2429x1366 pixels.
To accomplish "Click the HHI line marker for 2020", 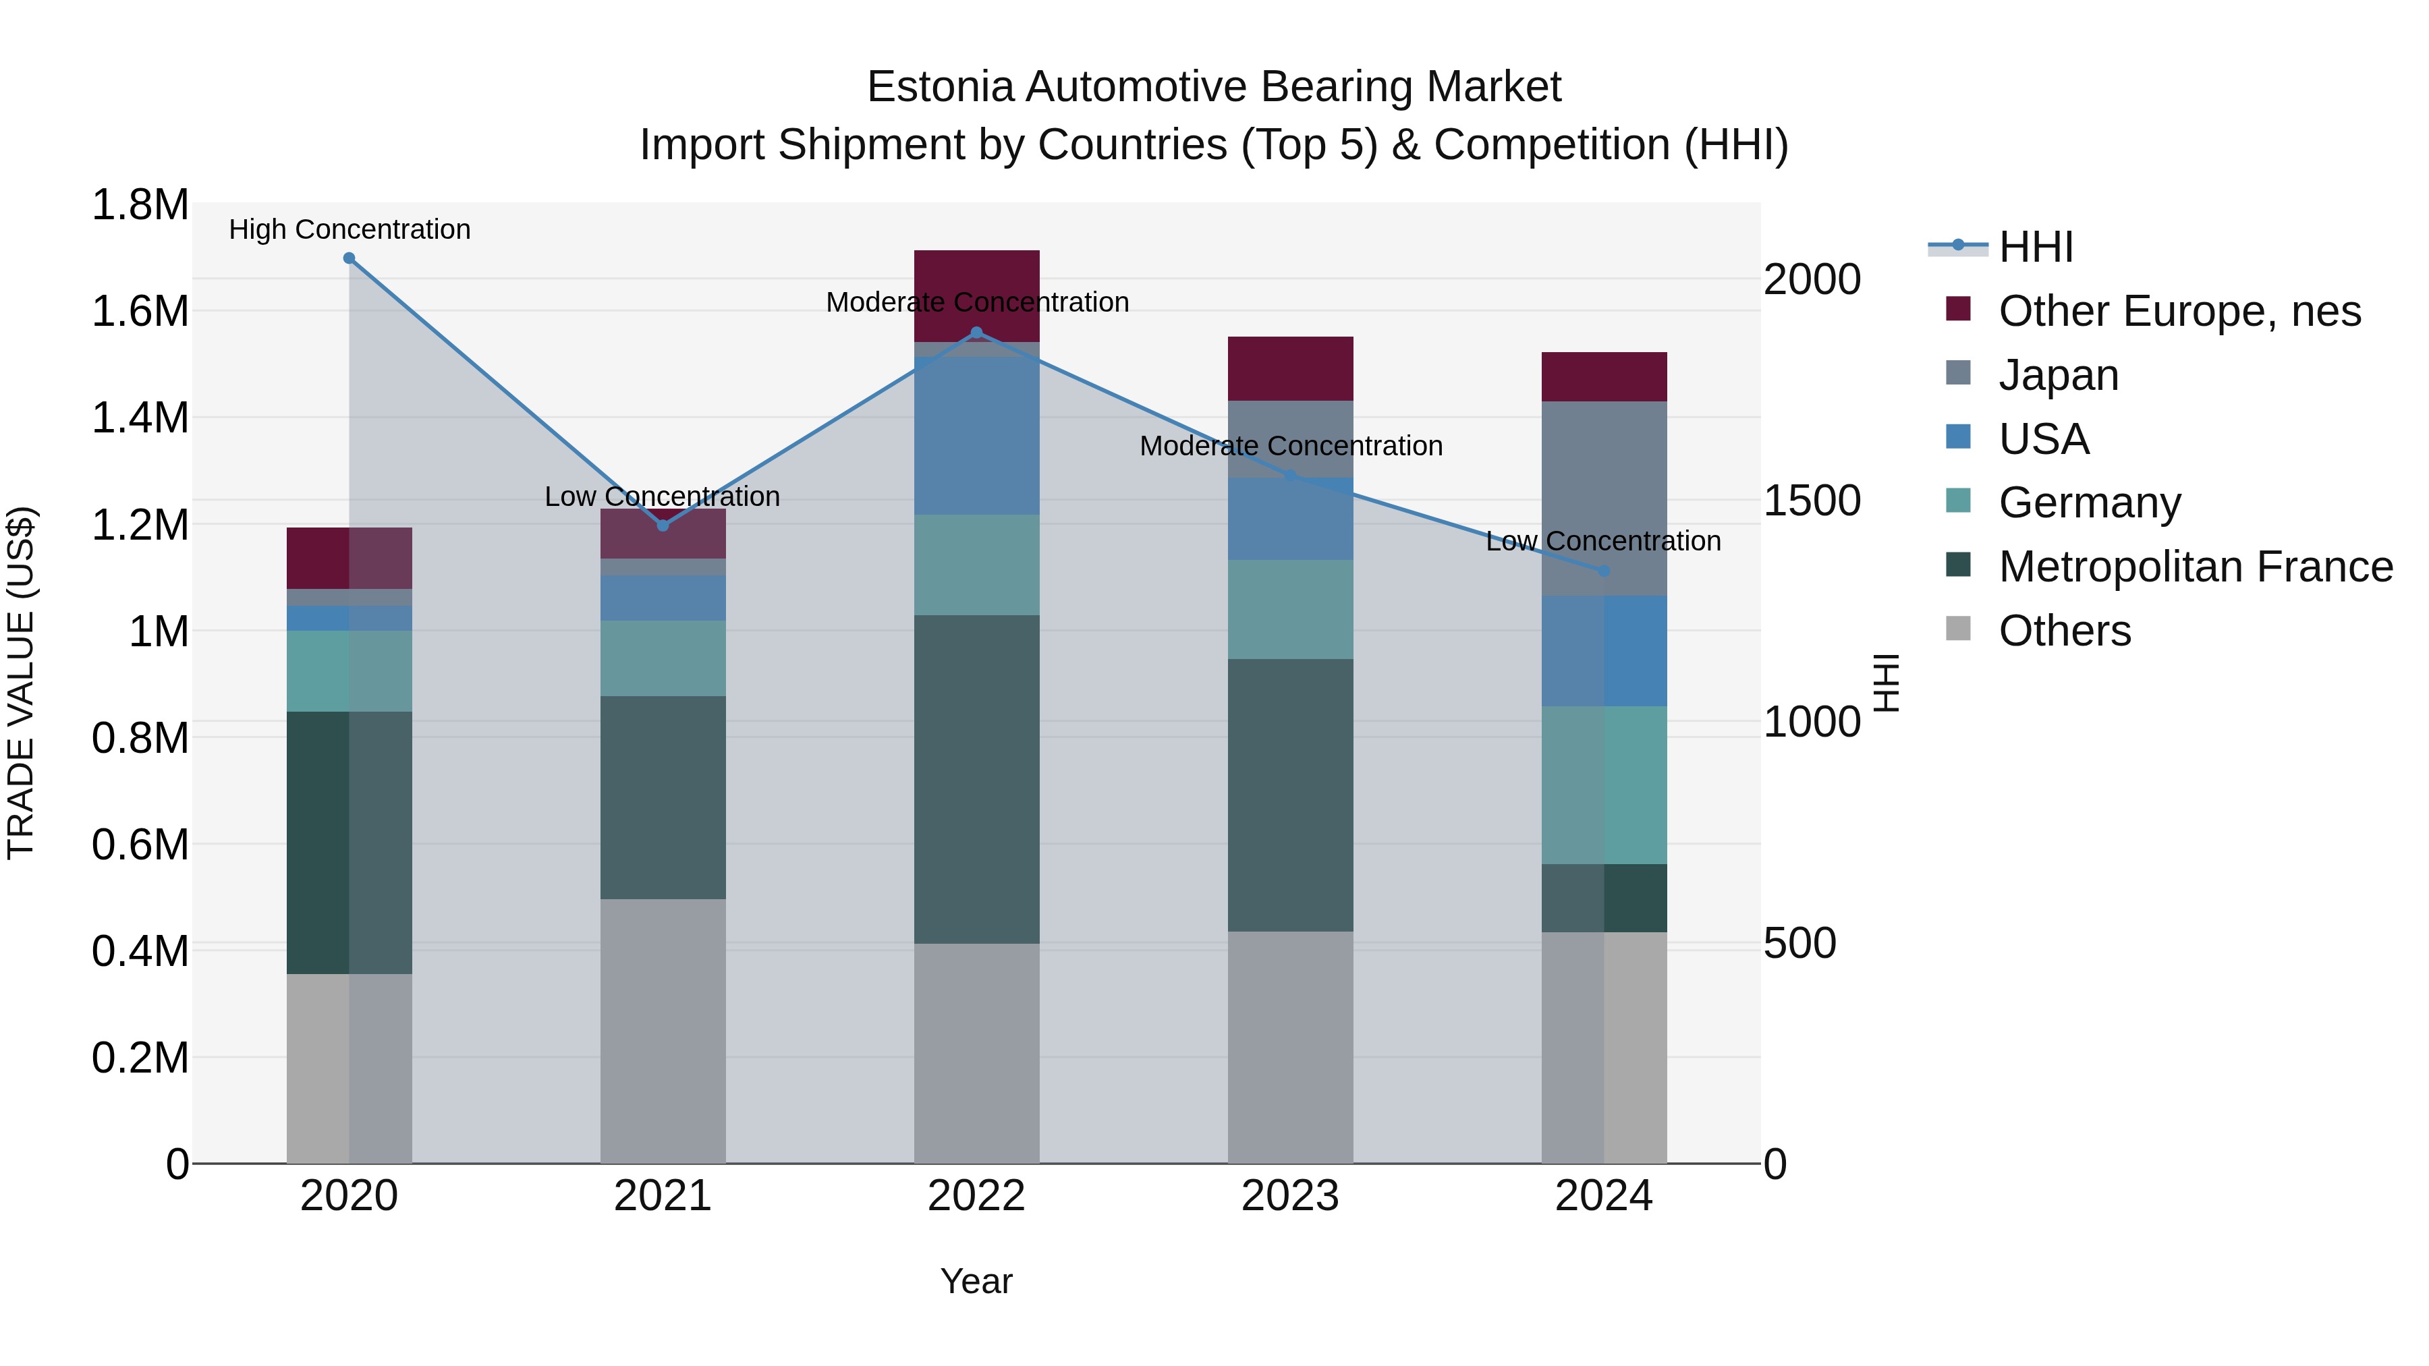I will pos(349,258).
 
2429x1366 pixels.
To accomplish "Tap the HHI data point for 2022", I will pos(977,333).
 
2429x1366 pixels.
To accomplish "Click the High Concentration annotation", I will pos(349,229).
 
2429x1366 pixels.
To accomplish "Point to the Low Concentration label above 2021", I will pos(662,496).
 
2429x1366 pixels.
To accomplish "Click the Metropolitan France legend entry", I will pos(2195,567).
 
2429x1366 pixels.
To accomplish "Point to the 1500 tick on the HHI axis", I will pos(1812,501).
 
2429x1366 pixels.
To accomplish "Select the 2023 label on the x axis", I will pos(1290,1196).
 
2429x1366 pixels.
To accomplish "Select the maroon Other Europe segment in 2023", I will pos(1290,368).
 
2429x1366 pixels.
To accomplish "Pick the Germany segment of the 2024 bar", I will pos(1604,785).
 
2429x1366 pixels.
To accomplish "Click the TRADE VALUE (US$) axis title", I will pos(21,683).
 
